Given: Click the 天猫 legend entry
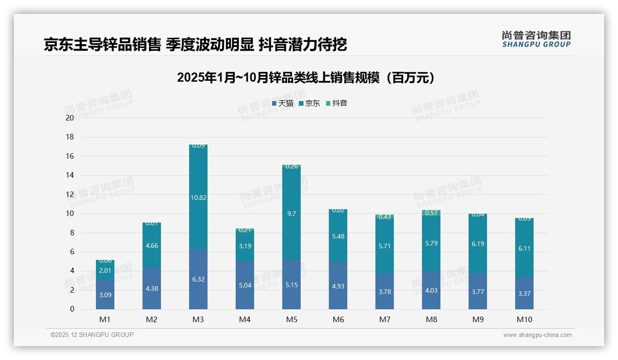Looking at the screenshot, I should click(283, 103).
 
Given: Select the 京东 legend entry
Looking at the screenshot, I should click(309, 103).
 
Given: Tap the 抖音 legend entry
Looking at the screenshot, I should click(337, 103).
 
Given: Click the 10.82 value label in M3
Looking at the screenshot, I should click(198, 198).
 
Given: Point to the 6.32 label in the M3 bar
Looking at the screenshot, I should click(198, 279).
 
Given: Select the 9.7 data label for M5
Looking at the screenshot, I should click(291, 214).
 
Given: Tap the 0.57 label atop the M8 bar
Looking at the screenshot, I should click(431, 213).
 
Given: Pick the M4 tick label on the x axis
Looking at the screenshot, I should click(245, 319).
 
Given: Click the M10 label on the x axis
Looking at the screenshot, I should click(524, 319).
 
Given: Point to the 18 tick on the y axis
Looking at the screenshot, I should click(70, 137).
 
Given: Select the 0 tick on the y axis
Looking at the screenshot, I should click(72, 309).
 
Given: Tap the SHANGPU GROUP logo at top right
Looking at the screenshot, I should click(536, 39).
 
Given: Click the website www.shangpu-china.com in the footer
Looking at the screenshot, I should click(537, 335).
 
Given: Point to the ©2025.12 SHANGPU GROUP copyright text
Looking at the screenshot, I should click(92, 335).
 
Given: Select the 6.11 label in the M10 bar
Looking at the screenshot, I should click(524, 248).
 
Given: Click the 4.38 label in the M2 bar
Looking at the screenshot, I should click(152, 288).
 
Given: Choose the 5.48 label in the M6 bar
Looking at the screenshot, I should click(338, 236).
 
